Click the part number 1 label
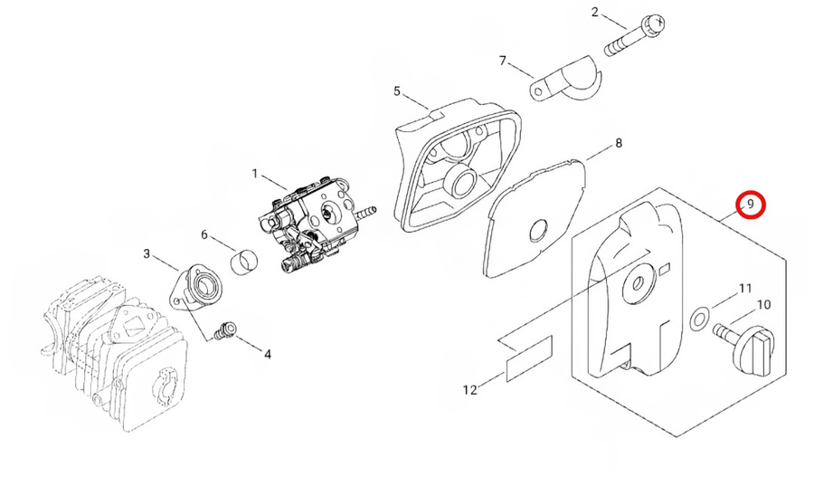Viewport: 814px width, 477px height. point(255,173)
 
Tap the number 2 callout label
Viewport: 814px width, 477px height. point(595,12)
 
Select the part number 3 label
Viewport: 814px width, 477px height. point(147,253)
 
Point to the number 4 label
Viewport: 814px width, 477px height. point(268,354)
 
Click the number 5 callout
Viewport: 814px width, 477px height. point(396,91)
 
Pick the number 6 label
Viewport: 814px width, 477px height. point(204,235)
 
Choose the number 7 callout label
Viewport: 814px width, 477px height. point(503,61)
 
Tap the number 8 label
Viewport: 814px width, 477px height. point(619,143)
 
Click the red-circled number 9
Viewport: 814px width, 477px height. point(751,205)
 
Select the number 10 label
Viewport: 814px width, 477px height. point(763,304)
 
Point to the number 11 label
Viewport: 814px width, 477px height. point(745,289)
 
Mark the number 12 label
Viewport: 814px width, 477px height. point(469,390)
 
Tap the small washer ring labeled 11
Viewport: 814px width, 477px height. point(697,319)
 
